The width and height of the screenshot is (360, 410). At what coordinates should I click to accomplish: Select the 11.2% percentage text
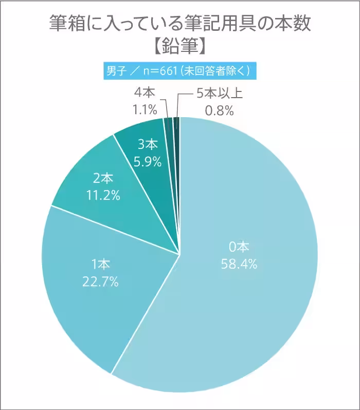click(x=102, y=195)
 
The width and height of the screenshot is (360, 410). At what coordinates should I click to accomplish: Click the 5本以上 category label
click(x=218, y=94)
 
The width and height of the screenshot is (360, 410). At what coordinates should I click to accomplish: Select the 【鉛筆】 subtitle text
click(x=179, y=47)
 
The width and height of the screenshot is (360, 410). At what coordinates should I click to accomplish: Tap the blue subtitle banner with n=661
click(x=179, y=71)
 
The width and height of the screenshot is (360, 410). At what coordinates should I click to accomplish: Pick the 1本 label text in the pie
click(x=101, y=265)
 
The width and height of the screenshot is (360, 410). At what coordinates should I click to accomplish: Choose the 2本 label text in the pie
click(x=102, y=178)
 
